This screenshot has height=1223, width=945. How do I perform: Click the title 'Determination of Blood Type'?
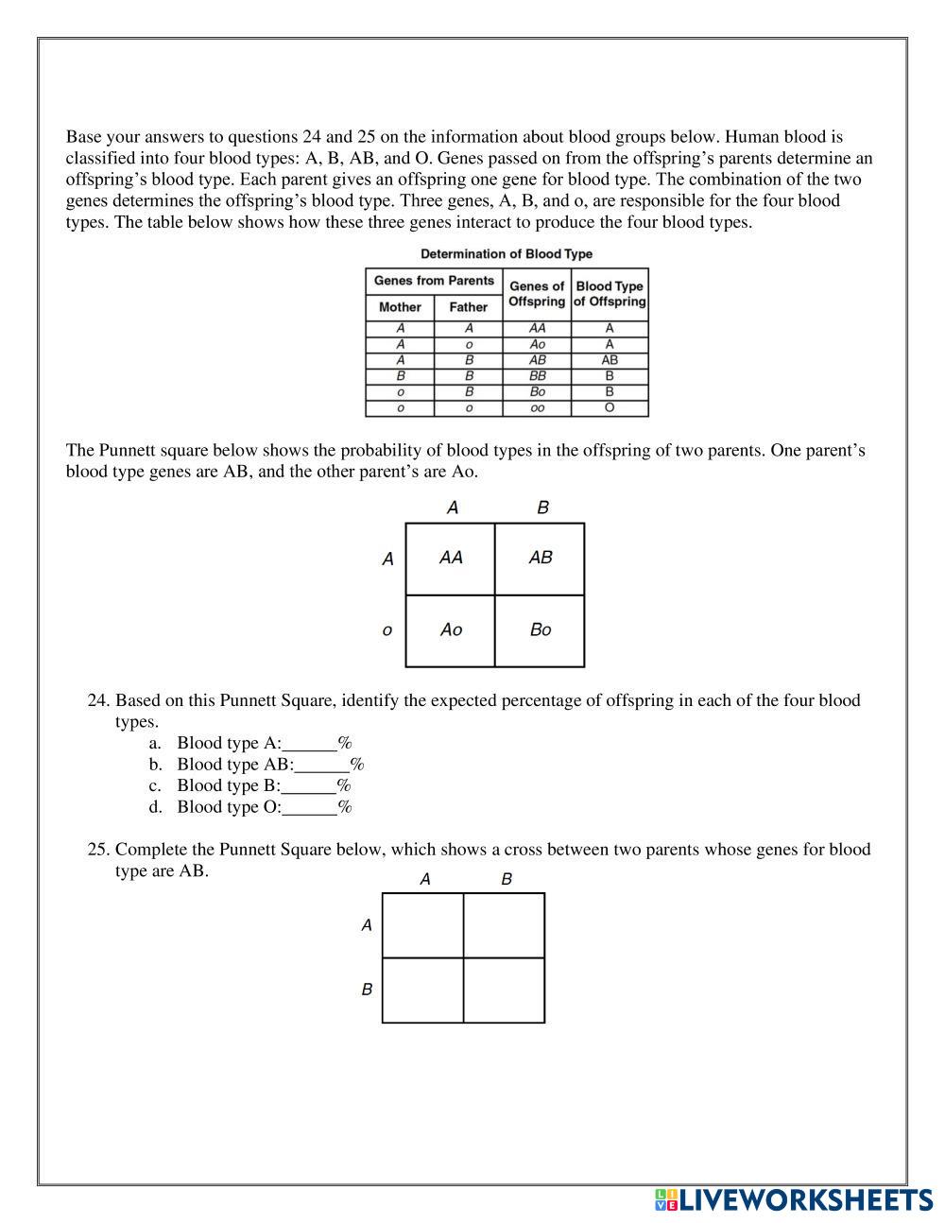pyautogui.click(x=507, y=254)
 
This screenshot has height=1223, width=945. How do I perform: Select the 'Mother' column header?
pyautogui.click(x=400, y=307)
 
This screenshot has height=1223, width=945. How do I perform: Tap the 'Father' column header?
pyautogui.click(x=469, y=307)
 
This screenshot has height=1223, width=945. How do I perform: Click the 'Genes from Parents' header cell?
pyautogui.click(x=434, y=281)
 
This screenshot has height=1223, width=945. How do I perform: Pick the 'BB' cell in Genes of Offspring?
pyautogui.click(x=538, y=375)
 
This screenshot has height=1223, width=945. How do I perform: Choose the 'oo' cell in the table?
pyautogui.click(x=538, y=408)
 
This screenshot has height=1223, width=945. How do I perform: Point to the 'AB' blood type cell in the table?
pyautogui.click(x=610, y=360)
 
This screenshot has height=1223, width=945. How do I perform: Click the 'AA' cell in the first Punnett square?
pyautogui.click(x=451, y=558)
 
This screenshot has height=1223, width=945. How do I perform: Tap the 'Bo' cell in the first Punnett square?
pyautogui.click(x=541, y=629)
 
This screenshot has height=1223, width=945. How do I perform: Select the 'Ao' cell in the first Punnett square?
pyautogui.click(x=451, y=629)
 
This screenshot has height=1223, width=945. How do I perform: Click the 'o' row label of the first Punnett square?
pyautogui.click(x=387, y=630)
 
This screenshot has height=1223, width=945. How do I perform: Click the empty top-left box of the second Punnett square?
pyautogui.click(x=422, y=925)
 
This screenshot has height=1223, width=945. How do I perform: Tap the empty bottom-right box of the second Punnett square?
pyautogui.click(x=504, y=990)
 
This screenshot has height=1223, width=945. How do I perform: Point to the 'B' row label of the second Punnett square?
pyautogui.click(x=367, y=990)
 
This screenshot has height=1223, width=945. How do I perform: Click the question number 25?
pyautogui.click(x=98, y=850)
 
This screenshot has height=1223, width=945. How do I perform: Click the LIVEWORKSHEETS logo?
pyautogui.click(x=793, y=1200)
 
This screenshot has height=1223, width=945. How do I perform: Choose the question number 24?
pyautogui.click(x=98, y=701)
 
